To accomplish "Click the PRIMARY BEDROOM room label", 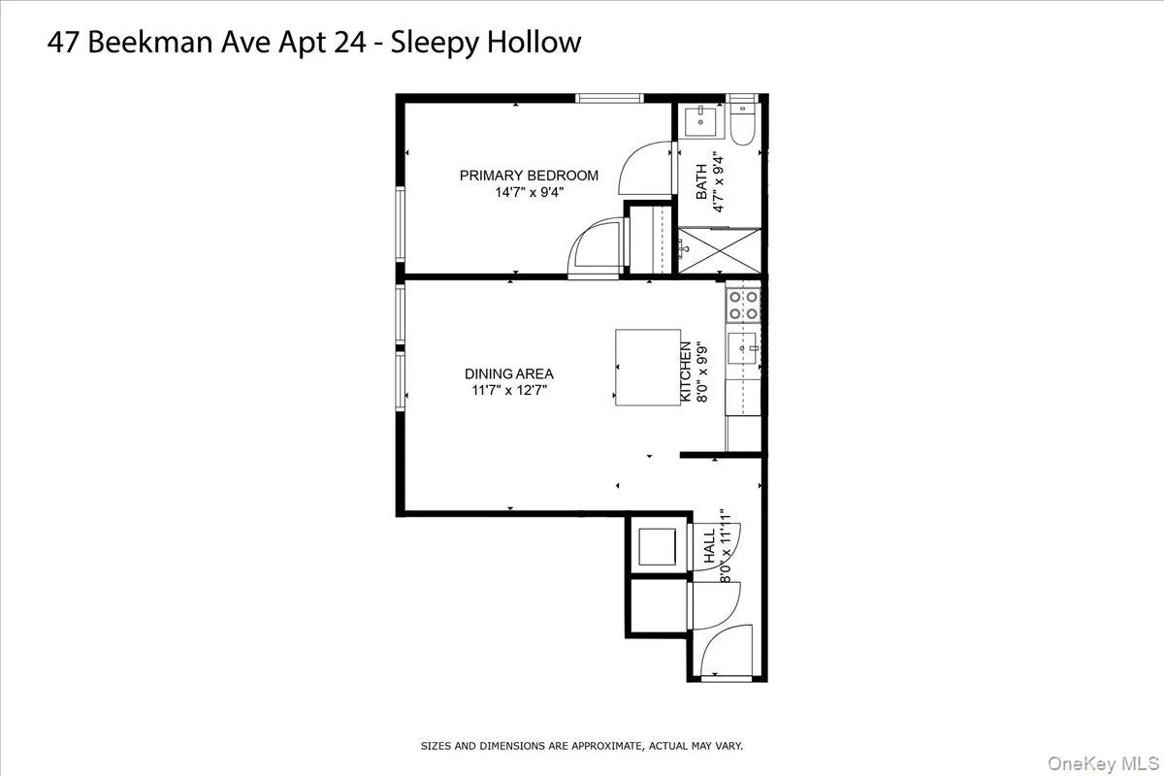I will (x=529, y=176).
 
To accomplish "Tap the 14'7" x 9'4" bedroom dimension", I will (x=529, y=192).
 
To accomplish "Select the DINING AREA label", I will (x=508, y=373).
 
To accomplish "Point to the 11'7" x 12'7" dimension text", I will (x=508, y=391).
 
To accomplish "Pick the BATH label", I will (x=701, y=182).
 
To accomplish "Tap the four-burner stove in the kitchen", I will (x=744, y=306).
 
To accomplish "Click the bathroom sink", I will (x=700, y=122).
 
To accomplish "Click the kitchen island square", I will (x=647, y=367).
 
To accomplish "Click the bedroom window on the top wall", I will (x=609, y=98).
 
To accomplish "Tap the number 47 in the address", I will (x=61, y=42).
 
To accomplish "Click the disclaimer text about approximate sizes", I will (x=581, y=746).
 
